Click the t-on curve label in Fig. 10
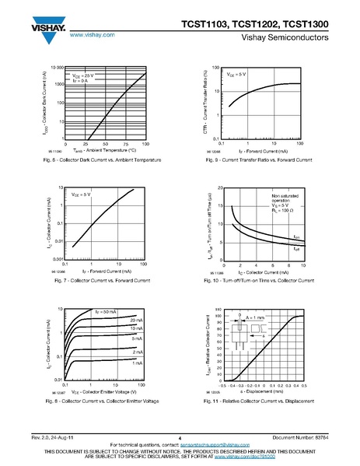pyautogui.click(x=296, y=236)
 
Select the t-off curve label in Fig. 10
pyautogui.click(x=296, y=248)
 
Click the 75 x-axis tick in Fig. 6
pyautogui.click(x=125, y=145)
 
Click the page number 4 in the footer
pyautogui.click(x=180, y=436)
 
